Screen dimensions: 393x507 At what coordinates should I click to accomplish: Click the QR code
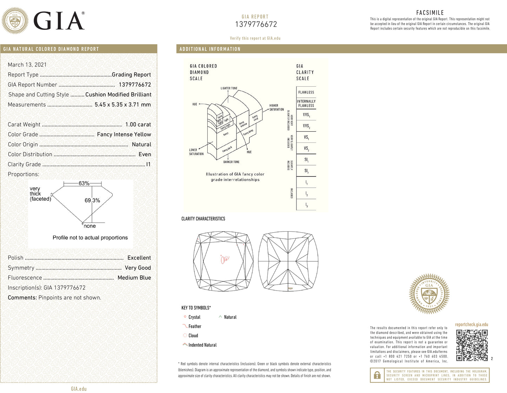pyautogui.click(x=472, y=345)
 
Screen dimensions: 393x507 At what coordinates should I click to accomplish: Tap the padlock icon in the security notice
pyautogui.click(x=377, y=375)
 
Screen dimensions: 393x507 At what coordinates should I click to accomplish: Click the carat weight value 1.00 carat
pyautogui.click(x=138, y=125)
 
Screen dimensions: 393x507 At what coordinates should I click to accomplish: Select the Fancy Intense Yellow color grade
pyautogui.click(x=124, y=134)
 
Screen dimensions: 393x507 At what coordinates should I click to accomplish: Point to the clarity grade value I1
pyautogui.click(x=148, y=164)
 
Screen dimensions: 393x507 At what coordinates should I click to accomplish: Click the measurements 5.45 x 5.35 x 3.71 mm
pyautogui.click(x=122, y=105)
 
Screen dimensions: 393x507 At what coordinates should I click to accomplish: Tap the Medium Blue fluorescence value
pyautogui.click(x=134, y=278)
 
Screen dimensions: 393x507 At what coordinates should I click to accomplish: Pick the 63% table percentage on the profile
pyautogui.click(x=84, y=183)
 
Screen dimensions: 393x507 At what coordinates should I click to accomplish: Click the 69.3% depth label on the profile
pyautogui.click(x=92, y=200)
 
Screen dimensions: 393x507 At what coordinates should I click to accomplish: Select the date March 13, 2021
pyautogui.click(x=27, y=65)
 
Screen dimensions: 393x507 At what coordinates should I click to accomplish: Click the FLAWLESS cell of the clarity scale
pyautogui.click(x=306, y=92)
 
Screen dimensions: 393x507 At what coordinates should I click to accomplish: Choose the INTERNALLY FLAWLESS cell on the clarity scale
pyautogui.click(x=306, y=103)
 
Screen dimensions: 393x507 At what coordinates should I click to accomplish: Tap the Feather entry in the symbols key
pyautogui.click(x=195, y=326)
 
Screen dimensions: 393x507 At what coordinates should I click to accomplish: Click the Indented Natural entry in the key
pyautogui.click(x=202, y=345)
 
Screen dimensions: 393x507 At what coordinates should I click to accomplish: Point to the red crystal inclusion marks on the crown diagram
pyautogui.click(x=224, y=260)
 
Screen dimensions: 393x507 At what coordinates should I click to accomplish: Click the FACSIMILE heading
pyautogui.click(x=430, y=13)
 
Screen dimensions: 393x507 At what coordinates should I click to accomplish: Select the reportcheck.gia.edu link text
pyautogui.click(x=471, y=325)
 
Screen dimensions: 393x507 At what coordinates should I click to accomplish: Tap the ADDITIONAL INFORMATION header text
pyautogui.click(x=210, y=49)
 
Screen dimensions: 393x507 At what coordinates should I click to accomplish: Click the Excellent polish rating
pyautogui.click(x=139, y=258)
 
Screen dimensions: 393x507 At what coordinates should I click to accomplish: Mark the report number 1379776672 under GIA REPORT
pyautogui.click(x=256, y=24)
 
